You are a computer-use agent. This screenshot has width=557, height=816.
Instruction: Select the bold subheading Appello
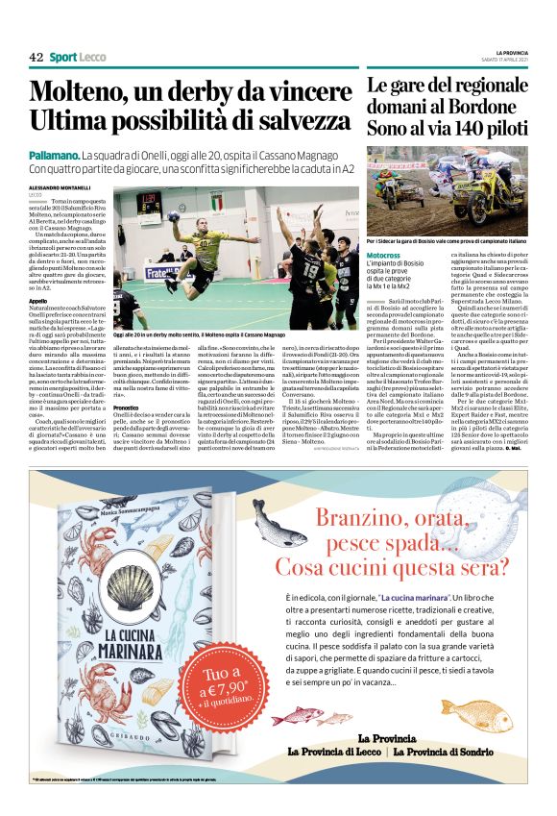39,300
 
